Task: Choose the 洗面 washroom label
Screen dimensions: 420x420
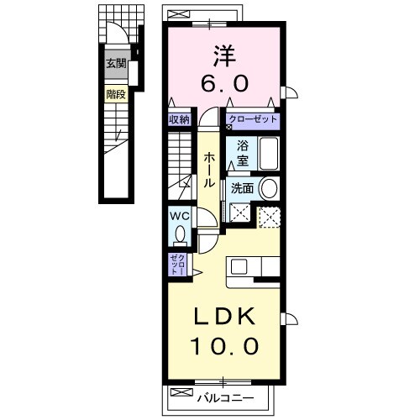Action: pos(242,188)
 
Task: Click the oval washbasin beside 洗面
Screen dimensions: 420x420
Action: pos(268,188)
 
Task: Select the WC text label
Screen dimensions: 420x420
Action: pos(180,215)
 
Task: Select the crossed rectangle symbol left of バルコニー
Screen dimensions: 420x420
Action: pos(181,392)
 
